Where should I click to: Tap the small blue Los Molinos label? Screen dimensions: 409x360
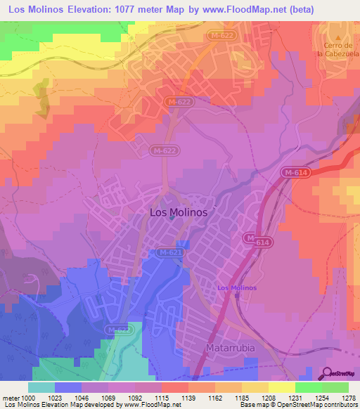237,288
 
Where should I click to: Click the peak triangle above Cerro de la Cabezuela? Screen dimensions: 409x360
337,38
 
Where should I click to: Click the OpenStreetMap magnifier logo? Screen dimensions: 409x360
327,373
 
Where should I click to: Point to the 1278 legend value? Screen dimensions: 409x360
347,397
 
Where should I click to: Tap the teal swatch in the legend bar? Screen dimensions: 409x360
41,387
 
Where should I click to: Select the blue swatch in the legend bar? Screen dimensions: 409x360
67,387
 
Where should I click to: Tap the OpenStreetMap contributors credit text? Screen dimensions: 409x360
316,405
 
